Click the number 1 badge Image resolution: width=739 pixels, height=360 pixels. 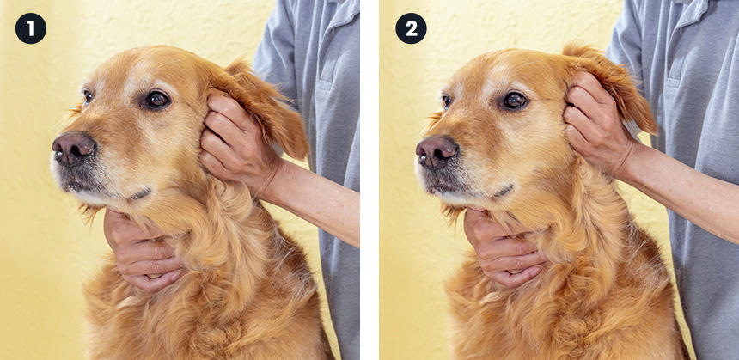pyautogui.click(x=31, y=28)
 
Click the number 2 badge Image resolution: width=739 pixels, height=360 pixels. pyautogui.click(x=411, y=28)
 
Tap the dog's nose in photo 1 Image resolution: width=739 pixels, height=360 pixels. pyautogui.click(x=74, y=148)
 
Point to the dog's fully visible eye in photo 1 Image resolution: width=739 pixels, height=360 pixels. pyautogui.click(x=157, y=100)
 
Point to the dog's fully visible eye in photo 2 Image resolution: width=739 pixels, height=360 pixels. pyautogui.click(x=514, y=101)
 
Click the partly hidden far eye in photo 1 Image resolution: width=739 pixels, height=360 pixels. pyautogui.click(x=88, y=96)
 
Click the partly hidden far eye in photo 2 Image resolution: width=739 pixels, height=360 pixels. pyautogui.click(x=446, y=101)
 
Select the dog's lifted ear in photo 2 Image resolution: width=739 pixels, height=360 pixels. pyautogui.click(x=613, y=85)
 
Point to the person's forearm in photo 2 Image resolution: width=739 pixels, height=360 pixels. pyautogui.click(x=683, y=193)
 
